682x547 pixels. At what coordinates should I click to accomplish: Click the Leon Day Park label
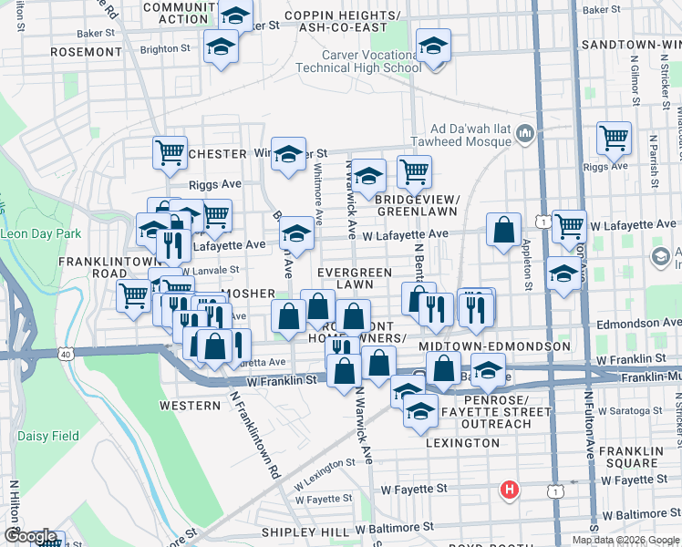pyautogui.click(x=41, y=234)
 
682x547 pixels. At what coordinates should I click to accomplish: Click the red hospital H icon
pyautogui.click(x=510, y=490)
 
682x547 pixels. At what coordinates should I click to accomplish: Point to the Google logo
pyautogui.click(x=31, y=536)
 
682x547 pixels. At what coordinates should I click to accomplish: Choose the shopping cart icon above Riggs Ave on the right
pyautogui.click(x=614, y=139)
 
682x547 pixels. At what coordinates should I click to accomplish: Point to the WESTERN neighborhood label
pyautogui.click(x=190, y=404)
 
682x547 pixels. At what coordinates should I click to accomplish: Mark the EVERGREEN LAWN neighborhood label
pyautogui.click(x=355, y=278)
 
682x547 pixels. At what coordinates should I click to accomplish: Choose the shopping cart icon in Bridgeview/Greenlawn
pyautogui.click(x=414, y=170)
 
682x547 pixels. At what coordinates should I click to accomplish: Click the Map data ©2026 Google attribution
pyautogui.click(x=625, y=540)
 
